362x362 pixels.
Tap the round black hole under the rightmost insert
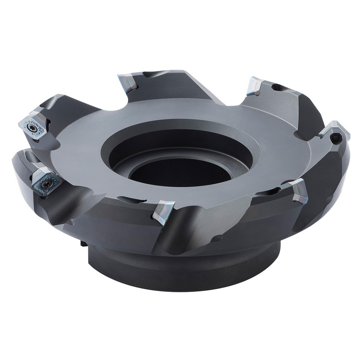pos(336,138)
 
